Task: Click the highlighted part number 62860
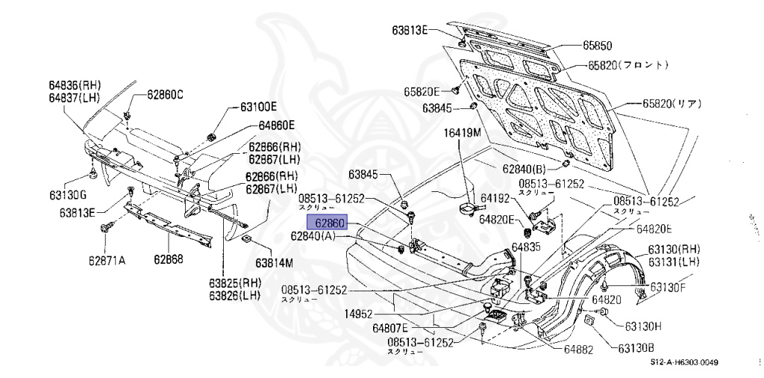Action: click(328, 223)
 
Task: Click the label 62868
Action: click(169, 260)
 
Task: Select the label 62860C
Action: click(164, 94)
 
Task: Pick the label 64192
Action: click(495, 199)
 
